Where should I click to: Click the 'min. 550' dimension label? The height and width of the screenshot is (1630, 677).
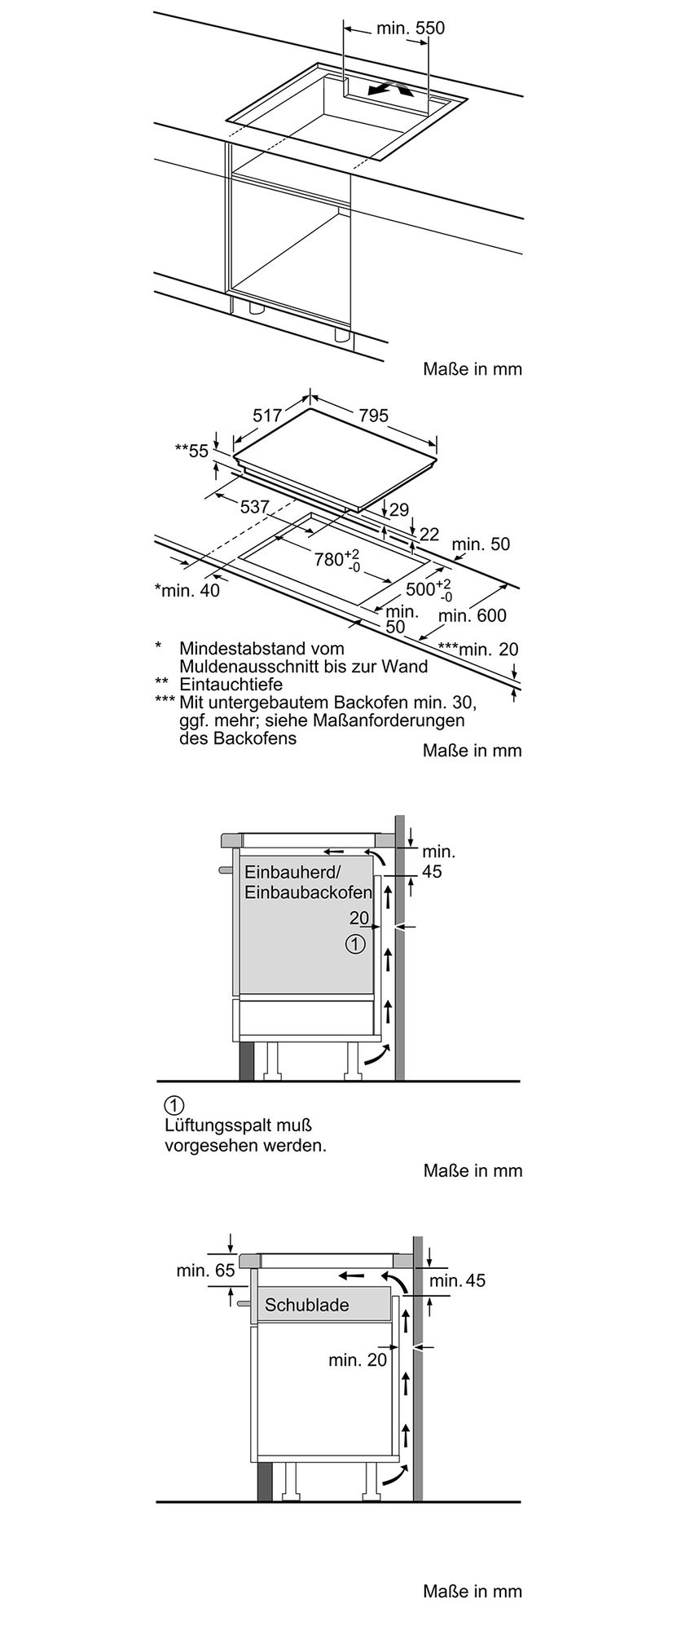point(410,29)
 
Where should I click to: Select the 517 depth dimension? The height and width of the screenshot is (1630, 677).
point(267,416)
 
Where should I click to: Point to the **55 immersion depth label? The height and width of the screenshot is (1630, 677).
point(191,451)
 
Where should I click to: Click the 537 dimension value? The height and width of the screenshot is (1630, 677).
point(254,507)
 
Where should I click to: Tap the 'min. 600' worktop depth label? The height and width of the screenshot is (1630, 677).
point(472,616)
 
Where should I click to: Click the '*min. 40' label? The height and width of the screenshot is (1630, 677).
point(187,591)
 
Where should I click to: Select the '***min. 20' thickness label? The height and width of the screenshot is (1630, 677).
point(477,650)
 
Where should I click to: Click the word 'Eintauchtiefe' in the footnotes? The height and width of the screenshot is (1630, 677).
point(231,685)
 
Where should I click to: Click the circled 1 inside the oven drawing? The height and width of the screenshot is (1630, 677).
point(354,945)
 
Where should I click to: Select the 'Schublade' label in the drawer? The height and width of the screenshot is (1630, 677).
point(306,1305)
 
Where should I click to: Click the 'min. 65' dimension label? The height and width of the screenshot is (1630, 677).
point(205,1271)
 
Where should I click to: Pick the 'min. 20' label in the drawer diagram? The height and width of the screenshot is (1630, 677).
point(358,1360)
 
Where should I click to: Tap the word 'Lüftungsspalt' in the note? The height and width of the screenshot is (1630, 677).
point(217,1126)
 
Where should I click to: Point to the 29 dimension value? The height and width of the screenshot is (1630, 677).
point(399,511)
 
